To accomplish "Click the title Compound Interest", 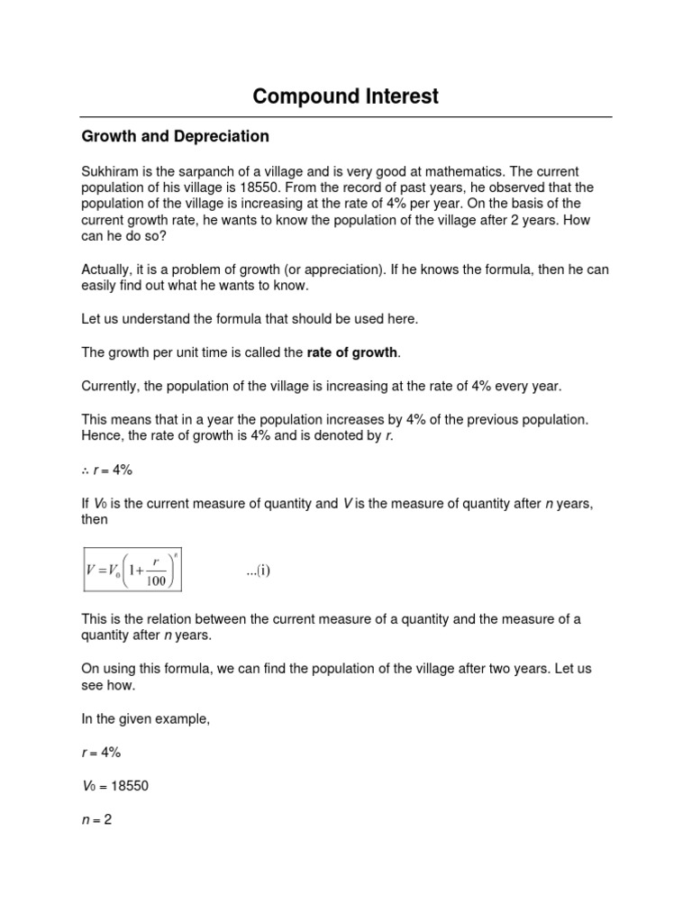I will (346, 96).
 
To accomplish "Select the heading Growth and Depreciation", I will (175, 137).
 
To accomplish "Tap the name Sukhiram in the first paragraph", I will (112, 171).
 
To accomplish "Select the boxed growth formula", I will (132, 569).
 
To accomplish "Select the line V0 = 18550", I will (115, 786).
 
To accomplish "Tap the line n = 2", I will (96, 819).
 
